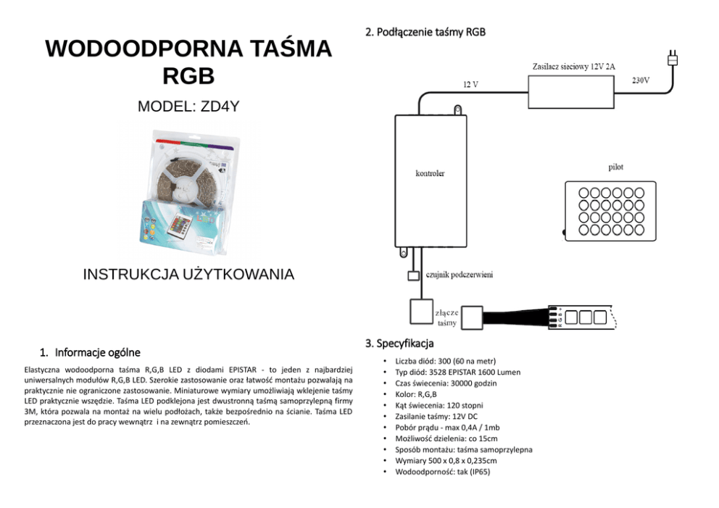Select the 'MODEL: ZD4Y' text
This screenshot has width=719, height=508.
point(188,107)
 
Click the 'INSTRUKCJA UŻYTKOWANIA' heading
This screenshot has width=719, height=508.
point(188,275)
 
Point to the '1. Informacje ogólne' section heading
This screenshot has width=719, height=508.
point(91,353)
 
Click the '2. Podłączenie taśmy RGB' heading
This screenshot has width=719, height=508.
point(425,33)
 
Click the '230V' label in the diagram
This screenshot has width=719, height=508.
point(640,80)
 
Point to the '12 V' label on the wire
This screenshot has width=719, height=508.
point(470,85)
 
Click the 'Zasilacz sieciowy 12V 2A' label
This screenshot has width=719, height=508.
point(573,67)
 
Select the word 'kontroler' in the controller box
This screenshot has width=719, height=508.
point(430,174)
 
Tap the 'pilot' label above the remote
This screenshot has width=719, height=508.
point(615,167)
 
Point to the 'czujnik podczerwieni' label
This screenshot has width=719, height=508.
point(460,275)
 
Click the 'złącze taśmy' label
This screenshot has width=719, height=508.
point(446,317)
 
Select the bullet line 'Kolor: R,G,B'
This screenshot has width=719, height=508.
point(416,394)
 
